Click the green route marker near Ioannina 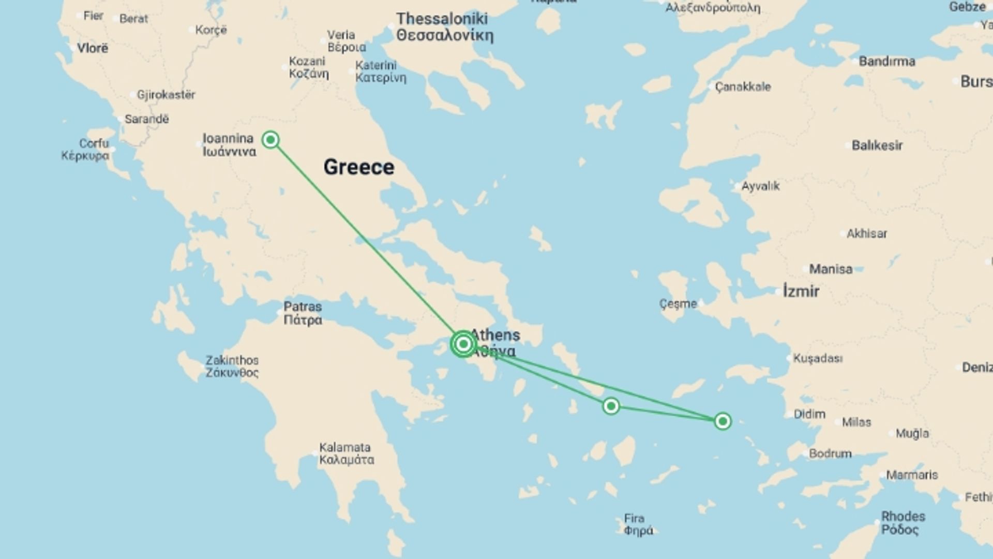[270, 139]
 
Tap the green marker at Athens [463, 344]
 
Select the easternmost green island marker [723, 421]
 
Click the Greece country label [359, 167]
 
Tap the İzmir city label [801, 291]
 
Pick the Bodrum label [830, 453]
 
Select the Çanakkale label [743, 86]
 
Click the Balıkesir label [877, 145]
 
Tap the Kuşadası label [818, 358]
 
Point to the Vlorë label [93, 48]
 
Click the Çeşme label [678, 304]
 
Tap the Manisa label [831, 269]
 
